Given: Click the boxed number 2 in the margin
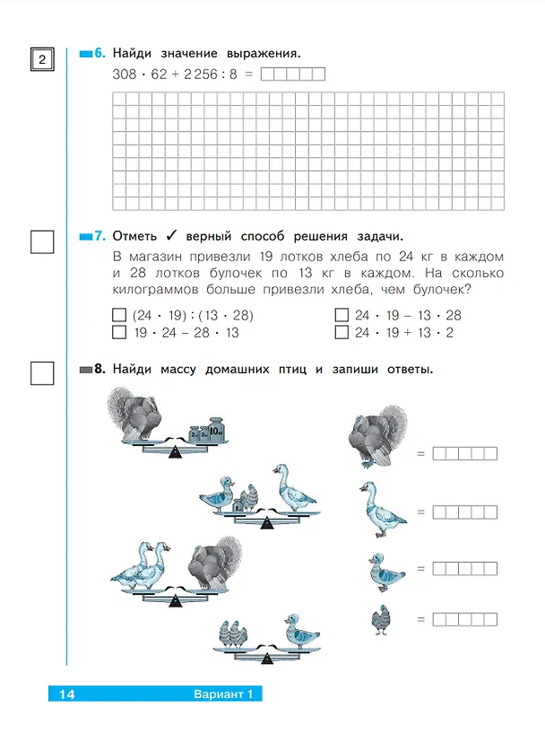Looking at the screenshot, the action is (x=42, y=59).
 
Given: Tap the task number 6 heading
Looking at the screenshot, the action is (x=99, y=53).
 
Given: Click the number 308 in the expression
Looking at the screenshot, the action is (x=124, y=74).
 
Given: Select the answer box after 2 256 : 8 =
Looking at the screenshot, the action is (x=293, y=74).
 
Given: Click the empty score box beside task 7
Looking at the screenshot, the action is (x=42, y=242).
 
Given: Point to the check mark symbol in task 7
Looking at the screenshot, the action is (x=171, y=235).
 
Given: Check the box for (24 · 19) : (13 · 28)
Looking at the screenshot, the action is (x=119, y=315).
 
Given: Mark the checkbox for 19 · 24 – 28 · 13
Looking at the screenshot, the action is (x=119, y=332).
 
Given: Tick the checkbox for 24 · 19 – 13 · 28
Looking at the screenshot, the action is (x=342, y=315).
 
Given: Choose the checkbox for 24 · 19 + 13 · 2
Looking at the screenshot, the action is (x=342, y=332).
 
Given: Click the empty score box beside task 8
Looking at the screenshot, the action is (x=42, y=373).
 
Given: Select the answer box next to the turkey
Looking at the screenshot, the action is (x=465, y=454).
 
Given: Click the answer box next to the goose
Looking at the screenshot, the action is (x=465, y=512).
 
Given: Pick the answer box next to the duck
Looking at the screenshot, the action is (x=465, y=569).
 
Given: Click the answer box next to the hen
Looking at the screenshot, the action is (x=465, y=620).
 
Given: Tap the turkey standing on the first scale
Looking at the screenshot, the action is (x=134, y=415).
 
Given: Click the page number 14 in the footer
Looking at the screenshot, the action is (x=67, y=695).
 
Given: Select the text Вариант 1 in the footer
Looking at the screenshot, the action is (x=223, y=695).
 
